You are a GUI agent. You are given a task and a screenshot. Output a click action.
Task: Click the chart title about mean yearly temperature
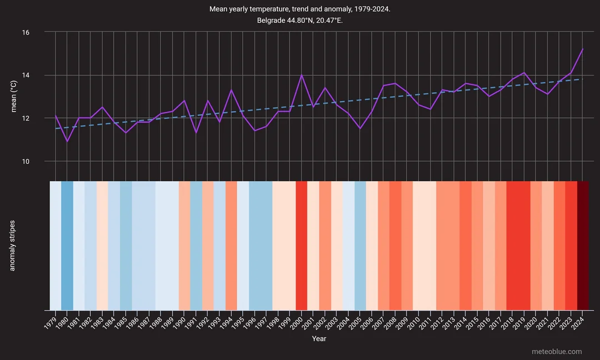point(299,9)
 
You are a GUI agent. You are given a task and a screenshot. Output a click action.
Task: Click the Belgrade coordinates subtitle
point(299,21)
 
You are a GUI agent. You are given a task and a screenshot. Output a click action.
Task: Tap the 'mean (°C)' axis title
point(15,97)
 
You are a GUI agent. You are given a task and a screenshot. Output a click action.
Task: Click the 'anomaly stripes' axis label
point(12,246)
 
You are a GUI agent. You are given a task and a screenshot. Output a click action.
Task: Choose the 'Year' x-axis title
point(319,338)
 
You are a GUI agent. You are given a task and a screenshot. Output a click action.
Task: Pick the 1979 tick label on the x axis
point(51,321)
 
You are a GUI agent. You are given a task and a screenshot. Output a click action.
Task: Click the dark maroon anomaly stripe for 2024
point(583,246)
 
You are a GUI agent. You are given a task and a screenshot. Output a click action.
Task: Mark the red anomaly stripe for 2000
point(302,246)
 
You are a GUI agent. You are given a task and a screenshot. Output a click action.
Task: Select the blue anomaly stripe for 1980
point(67,246)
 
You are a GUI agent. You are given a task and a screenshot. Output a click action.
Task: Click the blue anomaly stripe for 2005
point(360,246)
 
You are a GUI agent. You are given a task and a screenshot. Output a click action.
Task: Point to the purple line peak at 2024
point(583,49)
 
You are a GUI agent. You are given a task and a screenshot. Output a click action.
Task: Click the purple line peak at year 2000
point(302,75)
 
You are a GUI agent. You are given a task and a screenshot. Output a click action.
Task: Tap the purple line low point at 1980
point(67,142)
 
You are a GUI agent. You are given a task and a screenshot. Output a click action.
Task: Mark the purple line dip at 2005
point(360,129)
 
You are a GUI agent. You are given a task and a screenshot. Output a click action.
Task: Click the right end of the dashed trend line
point(583,79)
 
